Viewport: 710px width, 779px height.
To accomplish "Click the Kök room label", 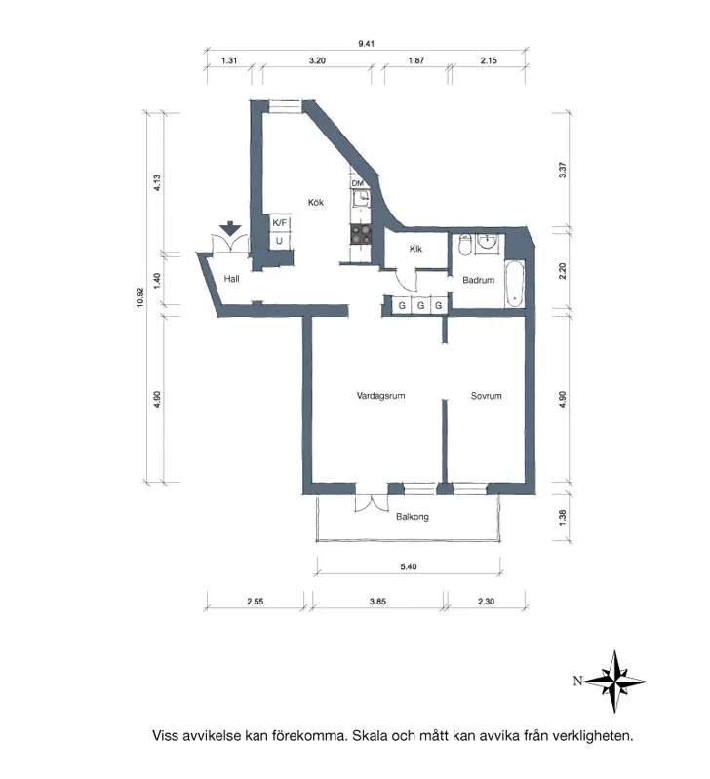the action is coord(315,202).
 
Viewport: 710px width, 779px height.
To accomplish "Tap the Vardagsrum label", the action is coord(380,396).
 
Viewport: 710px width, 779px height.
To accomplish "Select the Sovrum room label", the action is coord(486,396).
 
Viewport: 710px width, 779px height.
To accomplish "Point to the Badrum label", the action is coord(478,280).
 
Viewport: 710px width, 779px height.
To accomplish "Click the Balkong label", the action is coord(412,517).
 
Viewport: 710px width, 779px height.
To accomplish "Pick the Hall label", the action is coord(231,279).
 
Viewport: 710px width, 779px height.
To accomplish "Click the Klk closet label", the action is coord(415,249).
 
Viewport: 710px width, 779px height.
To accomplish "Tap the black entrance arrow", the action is coord(230,229).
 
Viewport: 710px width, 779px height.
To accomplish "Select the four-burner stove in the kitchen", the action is coord(361,235).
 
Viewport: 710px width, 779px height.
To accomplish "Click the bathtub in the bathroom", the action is coord(514,285).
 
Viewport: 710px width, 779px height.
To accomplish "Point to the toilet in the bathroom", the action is coord(465,245).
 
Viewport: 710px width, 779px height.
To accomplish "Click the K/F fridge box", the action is coord(280,223).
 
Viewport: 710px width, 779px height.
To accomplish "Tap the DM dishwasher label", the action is coord(357,184).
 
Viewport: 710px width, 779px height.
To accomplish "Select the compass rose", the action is coord(615,682).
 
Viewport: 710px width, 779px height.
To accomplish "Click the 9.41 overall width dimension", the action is coord(366,44).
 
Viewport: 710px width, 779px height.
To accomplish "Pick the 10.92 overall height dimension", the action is coord(140,297).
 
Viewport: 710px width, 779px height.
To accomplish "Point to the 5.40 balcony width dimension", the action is coord(408,566).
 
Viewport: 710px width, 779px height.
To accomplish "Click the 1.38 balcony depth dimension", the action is coord(563,517).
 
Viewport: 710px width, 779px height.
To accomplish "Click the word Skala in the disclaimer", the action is coord(371,736).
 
